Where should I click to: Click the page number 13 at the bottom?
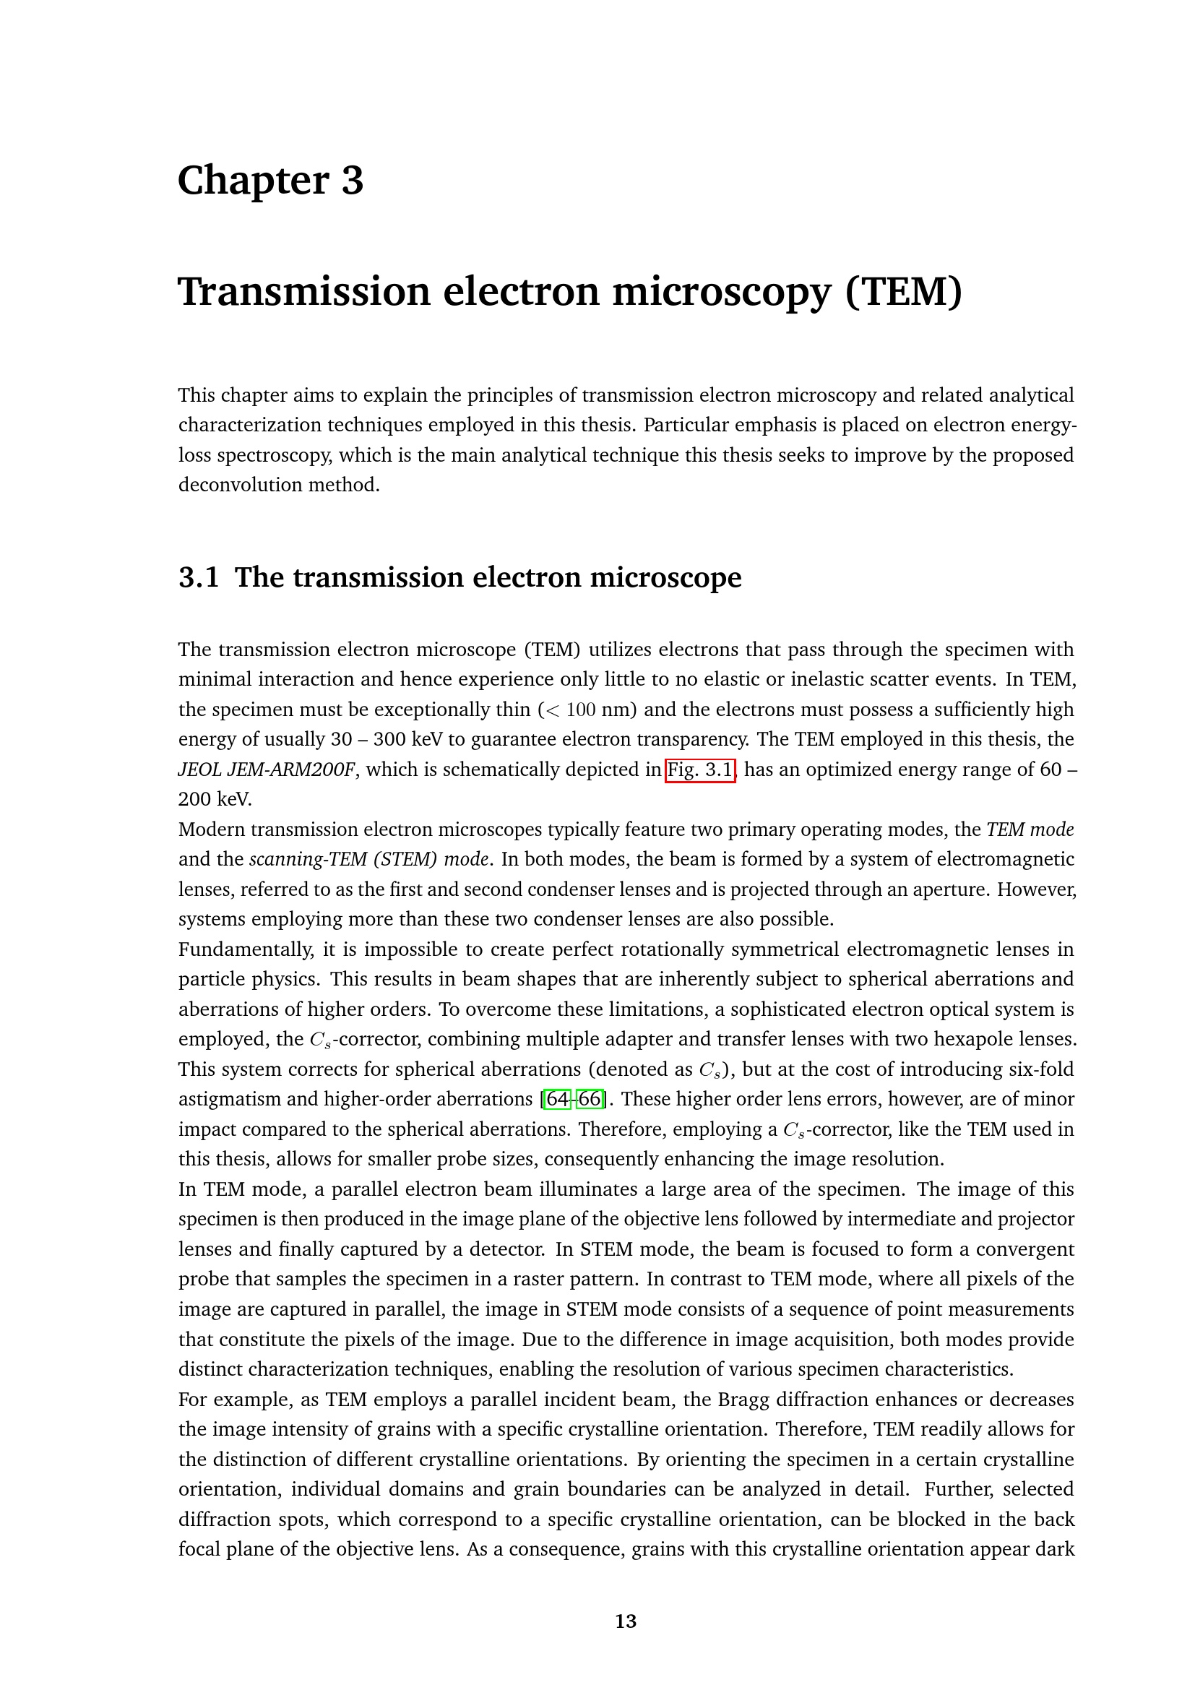626,1621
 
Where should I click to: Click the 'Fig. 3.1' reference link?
700,770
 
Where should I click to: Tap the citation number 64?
558,1099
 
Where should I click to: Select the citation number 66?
590,1099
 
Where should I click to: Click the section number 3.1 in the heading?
199,577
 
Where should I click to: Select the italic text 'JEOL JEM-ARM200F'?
268,770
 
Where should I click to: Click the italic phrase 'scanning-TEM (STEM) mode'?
368,860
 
